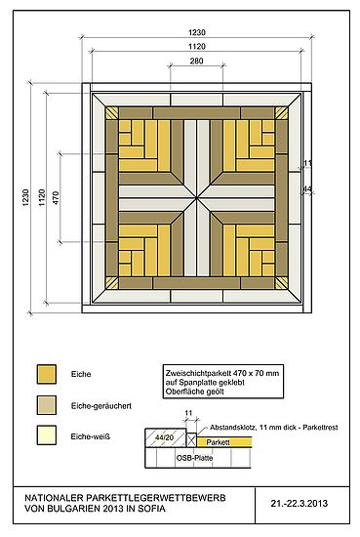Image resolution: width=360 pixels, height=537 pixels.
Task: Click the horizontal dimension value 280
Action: [196, 61]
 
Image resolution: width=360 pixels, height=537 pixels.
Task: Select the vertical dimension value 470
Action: [56, 198]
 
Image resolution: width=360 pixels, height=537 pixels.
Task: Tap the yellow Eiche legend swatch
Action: [47, 374]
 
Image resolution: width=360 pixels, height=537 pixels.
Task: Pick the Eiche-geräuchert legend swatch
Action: [47, 405]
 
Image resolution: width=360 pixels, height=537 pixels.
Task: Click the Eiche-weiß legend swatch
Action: [47, 435]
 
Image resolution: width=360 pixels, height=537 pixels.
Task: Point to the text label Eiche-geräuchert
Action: [101, 406]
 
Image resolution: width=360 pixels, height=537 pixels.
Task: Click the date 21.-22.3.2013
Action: [300, 503]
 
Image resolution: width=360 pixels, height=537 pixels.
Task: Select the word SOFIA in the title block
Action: [151, 509]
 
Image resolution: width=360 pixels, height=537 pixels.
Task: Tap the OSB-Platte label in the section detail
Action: [194, 458]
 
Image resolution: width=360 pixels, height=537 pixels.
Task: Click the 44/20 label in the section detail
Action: [164, 437]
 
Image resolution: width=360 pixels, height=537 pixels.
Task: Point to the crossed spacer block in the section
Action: [191, 439]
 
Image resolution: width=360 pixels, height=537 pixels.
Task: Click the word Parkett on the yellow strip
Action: [218, 442]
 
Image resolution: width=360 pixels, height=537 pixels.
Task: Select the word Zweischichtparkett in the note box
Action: [198, 373]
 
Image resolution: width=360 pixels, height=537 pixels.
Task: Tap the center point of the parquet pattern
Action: [196, 198]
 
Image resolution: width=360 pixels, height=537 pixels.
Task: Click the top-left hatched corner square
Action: [111, 113]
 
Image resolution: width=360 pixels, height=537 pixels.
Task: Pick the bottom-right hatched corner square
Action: [281, 283]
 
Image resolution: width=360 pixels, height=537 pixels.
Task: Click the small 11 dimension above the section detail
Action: [188, 413]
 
